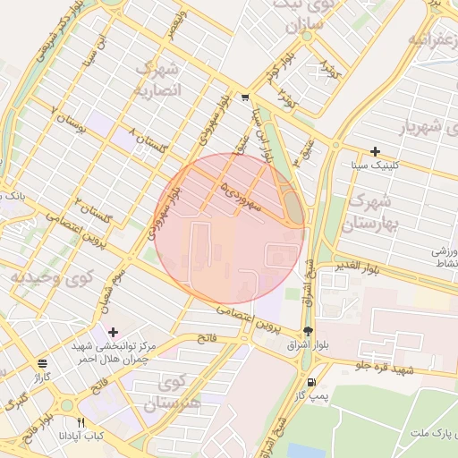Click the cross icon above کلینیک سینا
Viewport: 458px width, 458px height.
[375, 151]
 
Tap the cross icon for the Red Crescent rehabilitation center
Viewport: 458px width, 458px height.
[113, 332]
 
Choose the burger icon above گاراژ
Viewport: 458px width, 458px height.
[43, 363]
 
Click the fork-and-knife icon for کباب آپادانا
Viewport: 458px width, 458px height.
[81, 422]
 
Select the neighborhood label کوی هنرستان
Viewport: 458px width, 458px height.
[179, 394]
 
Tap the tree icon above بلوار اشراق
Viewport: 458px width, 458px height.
[309, 331]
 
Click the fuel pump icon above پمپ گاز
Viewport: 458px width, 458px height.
[311, 382]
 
